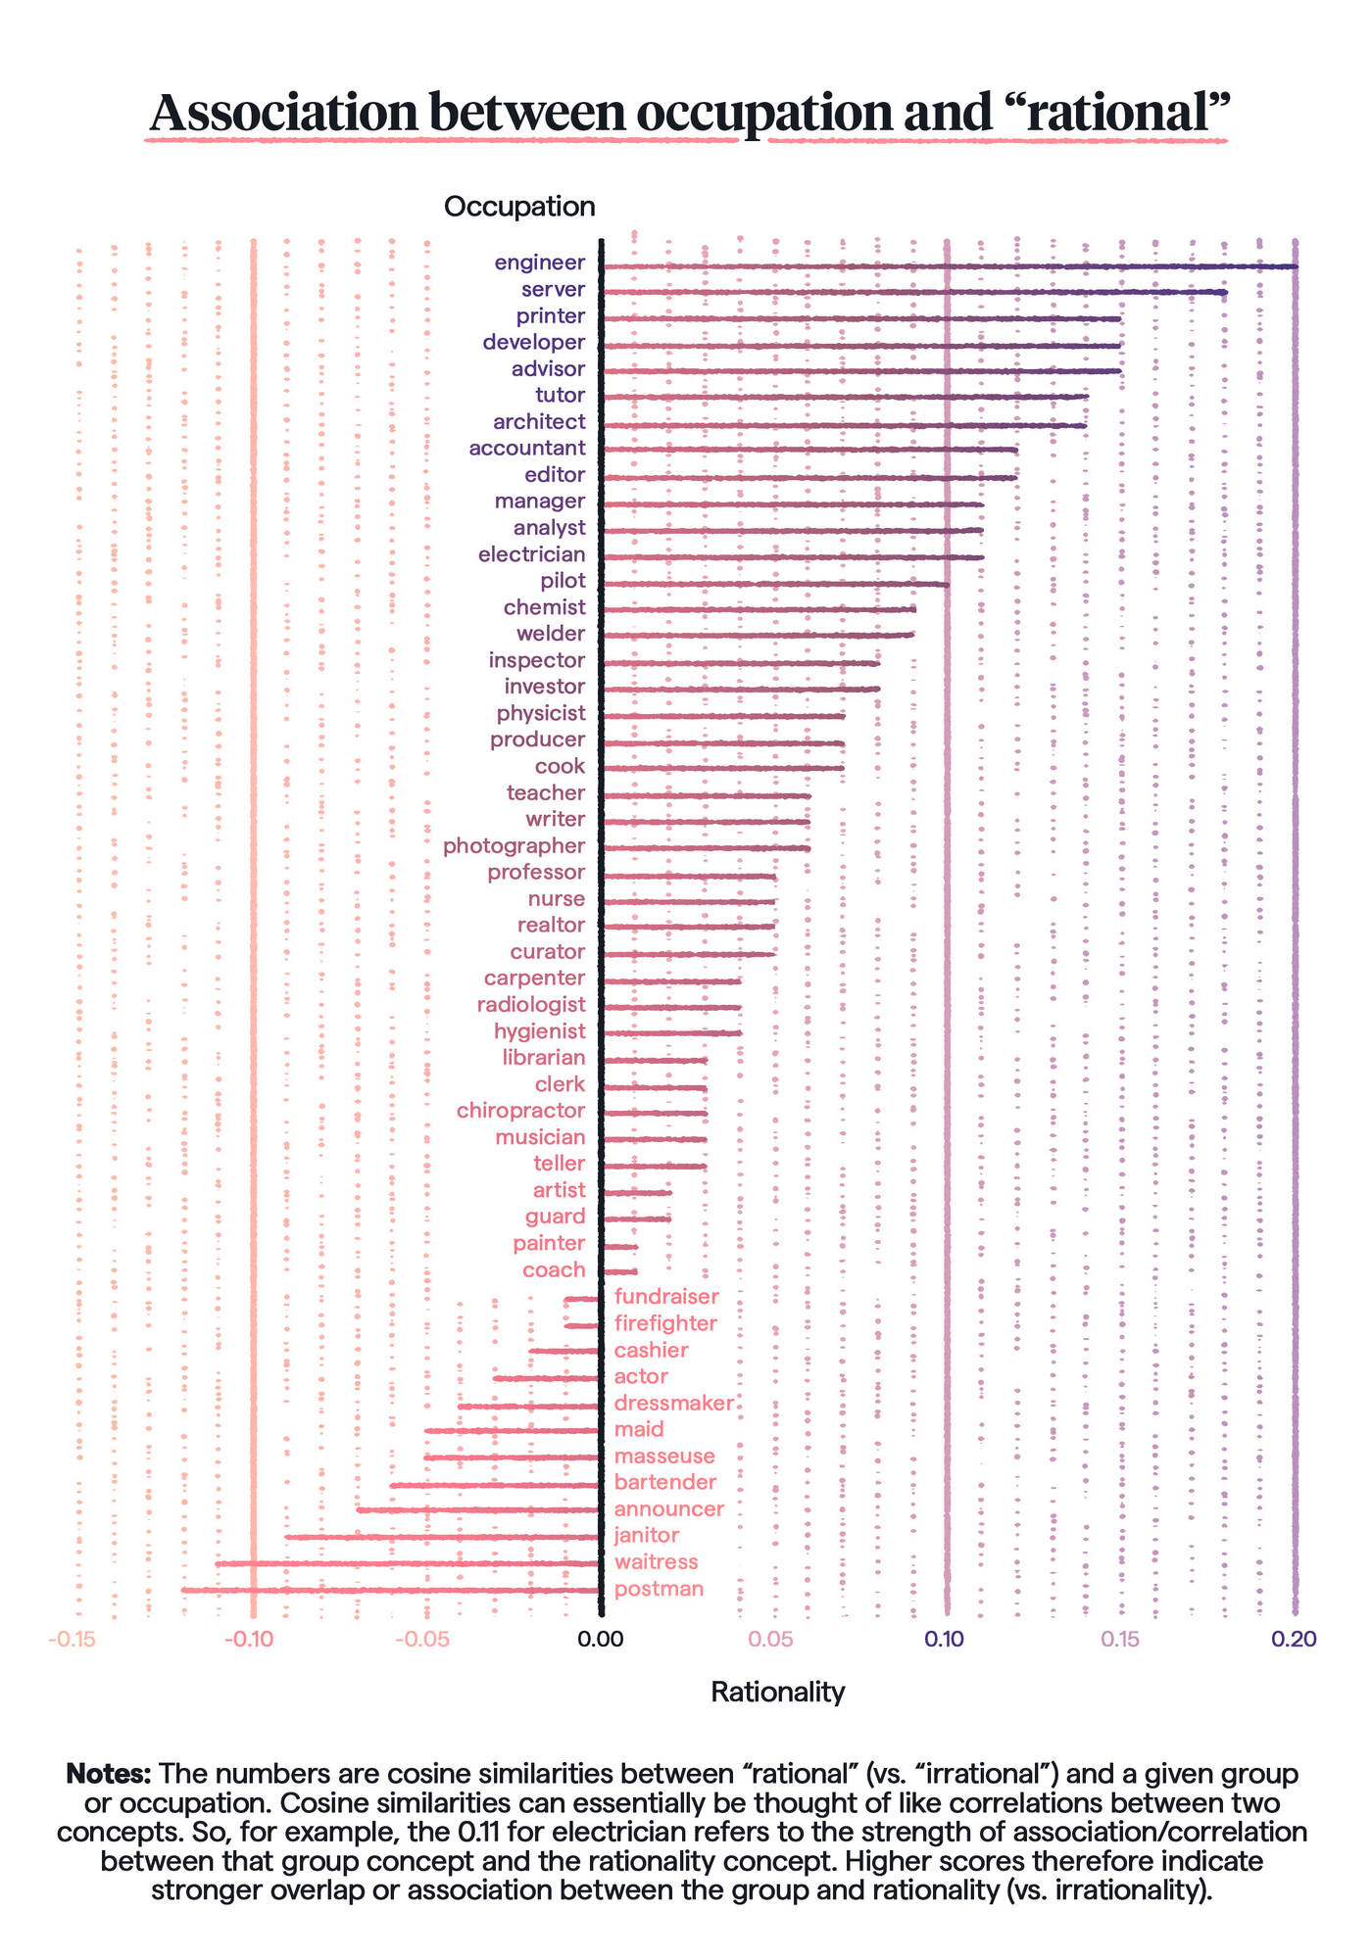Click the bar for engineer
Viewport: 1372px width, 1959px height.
tap(949, 266)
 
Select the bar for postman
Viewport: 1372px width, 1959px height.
tap(390, 1590)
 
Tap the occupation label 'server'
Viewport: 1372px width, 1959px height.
tap(553, 290)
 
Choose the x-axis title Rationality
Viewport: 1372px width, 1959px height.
tap(777, 1692)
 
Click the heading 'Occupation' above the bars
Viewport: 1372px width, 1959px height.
tap(519, 207)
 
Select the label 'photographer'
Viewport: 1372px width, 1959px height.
tap(514, 845)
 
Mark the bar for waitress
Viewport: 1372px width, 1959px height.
tap(407, 1563)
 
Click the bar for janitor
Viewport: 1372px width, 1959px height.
tap(441, 1537)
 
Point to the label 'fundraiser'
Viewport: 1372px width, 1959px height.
tap(666, 1297)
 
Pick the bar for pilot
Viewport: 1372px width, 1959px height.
tap(774, 584)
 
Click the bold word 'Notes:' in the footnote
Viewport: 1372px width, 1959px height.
tap(108, 1774)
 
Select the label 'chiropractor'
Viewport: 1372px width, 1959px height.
tap(520, 1111)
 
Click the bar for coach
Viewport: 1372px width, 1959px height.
tap(619, 1271)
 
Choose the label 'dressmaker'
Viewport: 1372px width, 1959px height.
tap(673, 1404)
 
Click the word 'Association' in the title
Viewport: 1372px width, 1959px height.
tap(284, 113)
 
